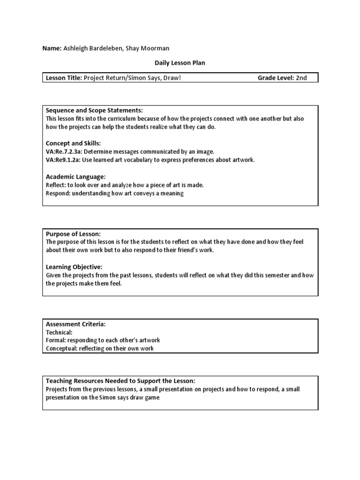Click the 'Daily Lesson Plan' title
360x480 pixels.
(x=180, y=62)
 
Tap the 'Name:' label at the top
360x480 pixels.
(x=52, y=49)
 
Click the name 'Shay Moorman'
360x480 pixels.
(x=149, y=49)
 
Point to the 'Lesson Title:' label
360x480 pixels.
(x=64, y=78)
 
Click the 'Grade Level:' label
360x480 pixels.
(x=275, y=78)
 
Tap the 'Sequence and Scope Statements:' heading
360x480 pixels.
(x=94, y=110)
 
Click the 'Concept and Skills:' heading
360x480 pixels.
(x=73, y=143)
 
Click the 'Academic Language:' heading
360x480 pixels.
(x=75, y=177)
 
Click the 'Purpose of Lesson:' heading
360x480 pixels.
(x=73, y=234)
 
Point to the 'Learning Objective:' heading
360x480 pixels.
(x=74, y=267)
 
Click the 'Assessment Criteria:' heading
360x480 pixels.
(x=75, y=324)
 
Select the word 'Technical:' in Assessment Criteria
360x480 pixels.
(x=59, y=332)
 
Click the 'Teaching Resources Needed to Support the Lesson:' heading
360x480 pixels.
(x=120, y=381)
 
